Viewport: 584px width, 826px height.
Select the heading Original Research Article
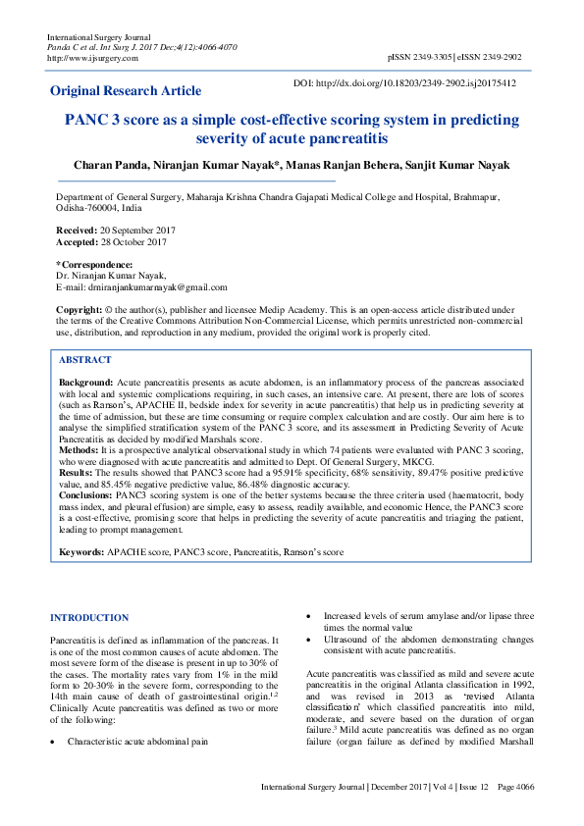(x=126, y=91)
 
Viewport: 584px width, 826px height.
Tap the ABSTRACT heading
(x=85, y=360)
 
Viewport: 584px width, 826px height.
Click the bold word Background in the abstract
(x=85, y=381)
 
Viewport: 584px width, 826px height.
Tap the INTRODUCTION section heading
(x=89, y=618)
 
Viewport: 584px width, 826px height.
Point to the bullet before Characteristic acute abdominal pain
(x=53, y=743)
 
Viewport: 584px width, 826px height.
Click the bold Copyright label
(x=81, y=309)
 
